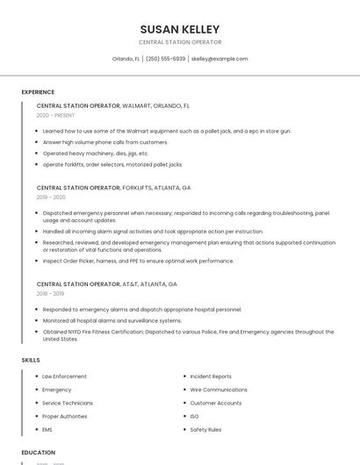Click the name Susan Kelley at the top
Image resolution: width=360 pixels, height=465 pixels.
(x=180, y=30)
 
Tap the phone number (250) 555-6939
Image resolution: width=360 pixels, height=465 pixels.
(x=165, y=59)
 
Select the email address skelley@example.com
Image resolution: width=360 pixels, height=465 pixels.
(x=220, y=59)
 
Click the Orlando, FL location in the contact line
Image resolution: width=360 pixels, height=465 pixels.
(x=126, y=59)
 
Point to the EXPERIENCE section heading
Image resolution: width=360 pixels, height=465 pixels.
(x=38, y=92)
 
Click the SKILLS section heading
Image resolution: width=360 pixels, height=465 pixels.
(x=31, y=360)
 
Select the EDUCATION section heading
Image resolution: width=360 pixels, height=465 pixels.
(x=39, y=453)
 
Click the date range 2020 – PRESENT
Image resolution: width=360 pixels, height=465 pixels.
(x=56, y=115)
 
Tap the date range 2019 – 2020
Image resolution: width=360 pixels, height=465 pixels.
(x=51, y=197)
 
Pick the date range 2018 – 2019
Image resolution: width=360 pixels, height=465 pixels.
(x=50, y=294)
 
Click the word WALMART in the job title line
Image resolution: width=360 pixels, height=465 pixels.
(x=139, y=105)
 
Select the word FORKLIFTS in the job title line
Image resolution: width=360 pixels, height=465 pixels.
(x=137, y=188)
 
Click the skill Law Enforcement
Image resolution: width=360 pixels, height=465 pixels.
(x=64, y=376)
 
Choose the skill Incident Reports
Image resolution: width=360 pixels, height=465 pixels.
(x=211, y=376)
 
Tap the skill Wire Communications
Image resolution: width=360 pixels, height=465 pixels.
(x=219, y=390)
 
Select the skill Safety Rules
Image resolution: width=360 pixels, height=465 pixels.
(x=205, y=430)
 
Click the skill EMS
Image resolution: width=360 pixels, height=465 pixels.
(x=47, y=430)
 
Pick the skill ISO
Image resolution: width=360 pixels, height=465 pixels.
(x=194, y=417)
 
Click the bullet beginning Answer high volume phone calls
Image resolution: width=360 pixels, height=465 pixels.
(x=105, y=142)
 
